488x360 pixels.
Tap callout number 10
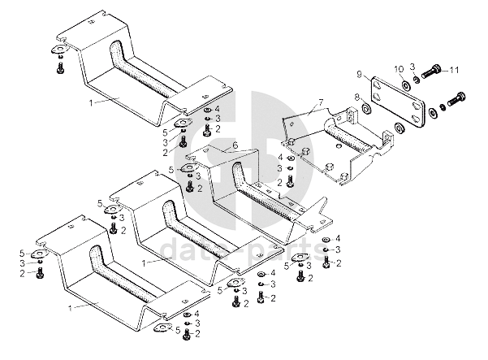point(399,67)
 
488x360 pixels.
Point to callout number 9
point(357,74)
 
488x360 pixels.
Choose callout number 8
point(356,97)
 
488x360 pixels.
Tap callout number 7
point(320,102)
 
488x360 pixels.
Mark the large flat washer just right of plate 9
point(401,128)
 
